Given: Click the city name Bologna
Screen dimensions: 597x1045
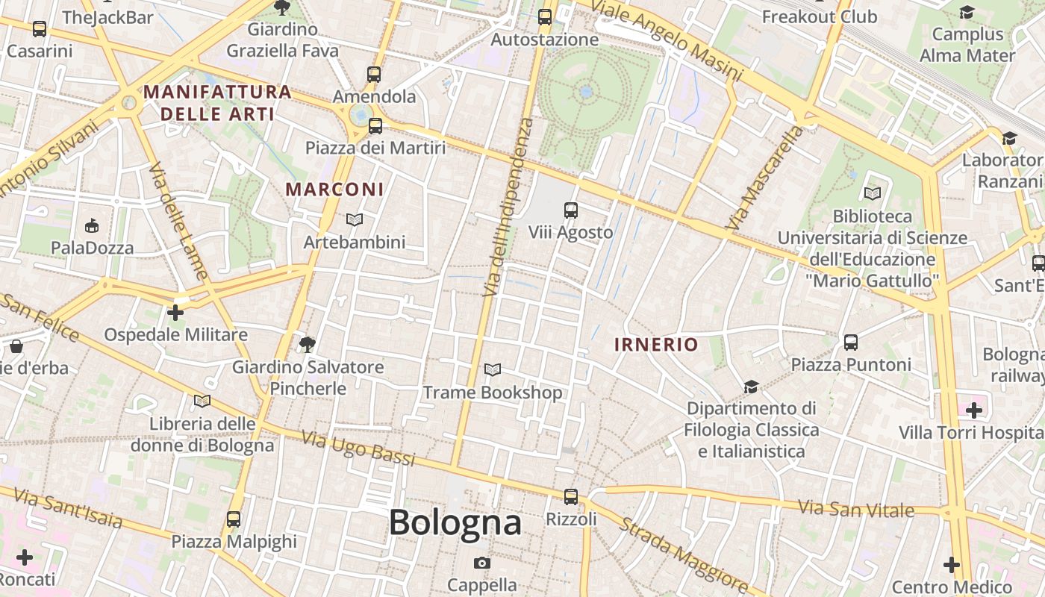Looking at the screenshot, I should tap(455, 522).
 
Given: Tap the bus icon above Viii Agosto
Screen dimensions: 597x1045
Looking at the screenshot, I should tap(571, 210).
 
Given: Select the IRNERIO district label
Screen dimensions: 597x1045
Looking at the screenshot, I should tap(656, 345).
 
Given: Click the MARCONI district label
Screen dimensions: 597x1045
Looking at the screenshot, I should tap(334, 190).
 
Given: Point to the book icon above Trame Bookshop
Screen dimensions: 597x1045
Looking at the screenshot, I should tap(493, 369).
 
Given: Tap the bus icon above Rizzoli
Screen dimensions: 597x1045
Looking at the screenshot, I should tap(571, 496).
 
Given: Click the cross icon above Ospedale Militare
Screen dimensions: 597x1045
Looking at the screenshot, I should tap(175, 312).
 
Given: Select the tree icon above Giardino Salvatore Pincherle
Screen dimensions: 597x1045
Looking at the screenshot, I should tap(307, 344).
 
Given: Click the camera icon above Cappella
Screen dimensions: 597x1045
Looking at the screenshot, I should tap(482, 563).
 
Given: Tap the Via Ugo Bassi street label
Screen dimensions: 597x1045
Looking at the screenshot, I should tap(358, 448).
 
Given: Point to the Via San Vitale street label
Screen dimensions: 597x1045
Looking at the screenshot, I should tap(856, 509).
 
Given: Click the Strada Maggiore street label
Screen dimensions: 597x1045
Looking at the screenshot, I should tap(684, 554).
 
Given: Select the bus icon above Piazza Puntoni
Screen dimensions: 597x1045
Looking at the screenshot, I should tap(851, 343).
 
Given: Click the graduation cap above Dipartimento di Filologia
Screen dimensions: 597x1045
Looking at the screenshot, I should tap(751, 387).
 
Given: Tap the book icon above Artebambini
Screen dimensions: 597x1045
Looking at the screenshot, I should tap(355, 219).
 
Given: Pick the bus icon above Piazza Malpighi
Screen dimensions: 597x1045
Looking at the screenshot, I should tap(234, 519).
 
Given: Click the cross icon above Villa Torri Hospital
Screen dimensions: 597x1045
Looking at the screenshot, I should tap(974, 410).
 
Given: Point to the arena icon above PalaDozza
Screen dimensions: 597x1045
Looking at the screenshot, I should tap(92, 225).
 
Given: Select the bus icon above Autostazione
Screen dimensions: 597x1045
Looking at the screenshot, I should tap(545, 16).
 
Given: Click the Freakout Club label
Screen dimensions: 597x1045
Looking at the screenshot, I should tap(820, 16).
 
